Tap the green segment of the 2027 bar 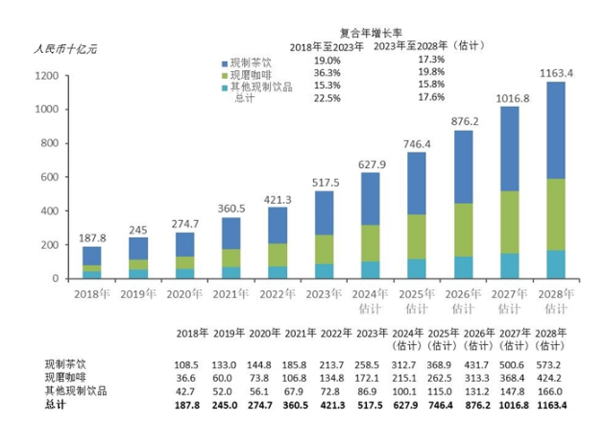[x=508, y=222]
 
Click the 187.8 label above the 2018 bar [x=92, y=235]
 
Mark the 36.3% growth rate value [x=327, y=73]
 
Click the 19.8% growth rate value [x=432, y=73]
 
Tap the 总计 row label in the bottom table [x=57, y=406]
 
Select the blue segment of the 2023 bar [x=344, y=212]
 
